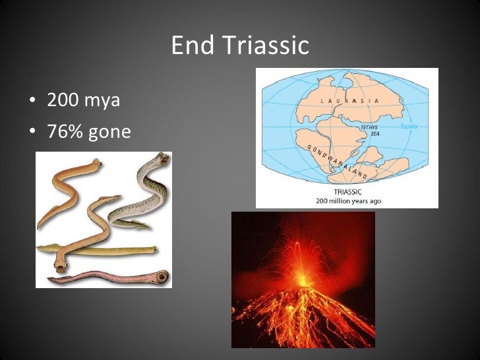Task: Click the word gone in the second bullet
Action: click(x=110, y=133)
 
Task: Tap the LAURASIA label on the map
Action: click(x=349, y=101)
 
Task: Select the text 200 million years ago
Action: click(x=347, y=200)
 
